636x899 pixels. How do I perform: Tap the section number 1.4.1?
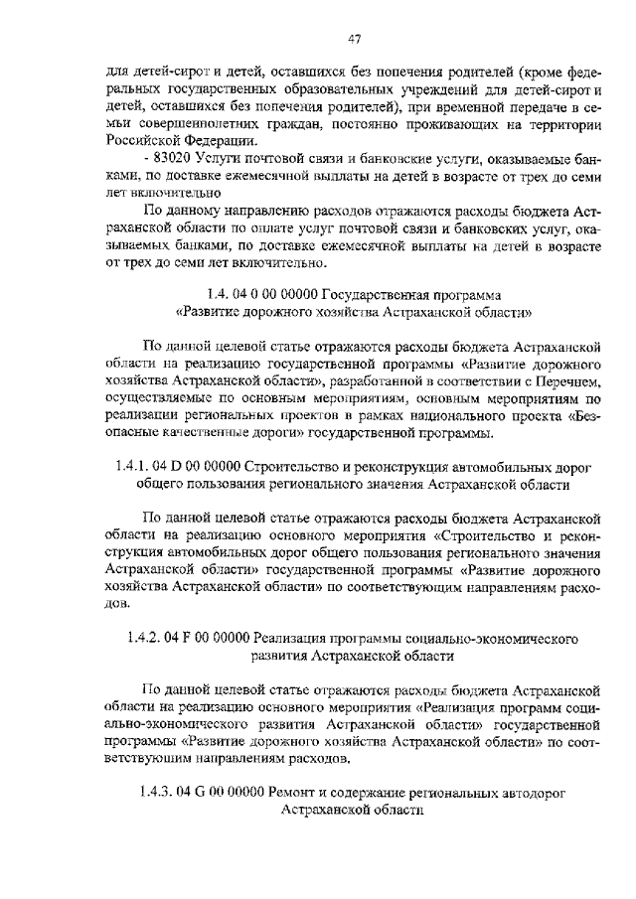click(132, 466)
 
